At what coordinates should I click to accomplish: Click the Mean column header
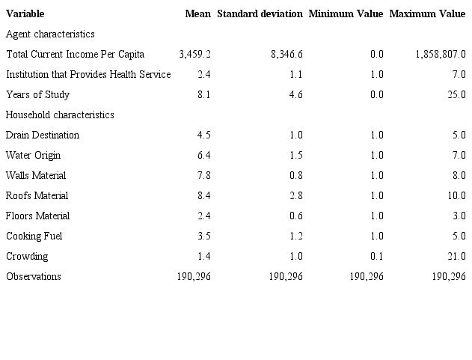tap(197, 14)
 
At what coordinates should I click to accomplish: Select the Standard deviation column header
tap(260, 14)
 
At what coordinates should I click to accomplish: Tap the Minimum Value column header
tap(346, 14)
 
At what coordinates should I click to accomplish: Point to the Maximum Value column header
tap(427, 14)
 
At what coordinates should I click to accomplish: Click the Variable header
tap(25, 14)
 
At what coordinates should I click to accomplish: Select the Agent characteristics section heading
tap(50, 34)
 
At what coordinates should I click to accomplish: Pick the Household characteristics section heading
tap(60, 115)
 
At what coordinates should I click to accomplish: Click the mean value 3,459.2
tap(195, 55)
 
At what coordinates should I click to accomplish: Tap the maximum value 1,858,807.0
tap(439, 55)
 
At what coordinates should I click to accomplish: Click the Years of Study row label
tap(37, 95)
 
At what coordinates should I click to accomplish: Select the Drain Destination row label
tap(43, 135)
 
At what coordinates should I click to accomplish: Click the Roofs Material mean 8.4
tap(203, 196)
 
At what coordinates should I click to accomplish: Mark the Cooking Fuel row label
tap(34, 237)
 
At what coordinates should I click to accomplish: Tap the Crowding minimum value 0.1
tap(376, 257)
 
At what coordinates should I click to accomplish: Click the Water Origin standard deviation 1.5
tap(295, 156)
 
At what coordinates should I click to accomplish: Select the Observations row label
tap(34, 277)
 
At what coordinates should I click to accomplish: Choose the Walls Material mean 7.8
tap(203, 176)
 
